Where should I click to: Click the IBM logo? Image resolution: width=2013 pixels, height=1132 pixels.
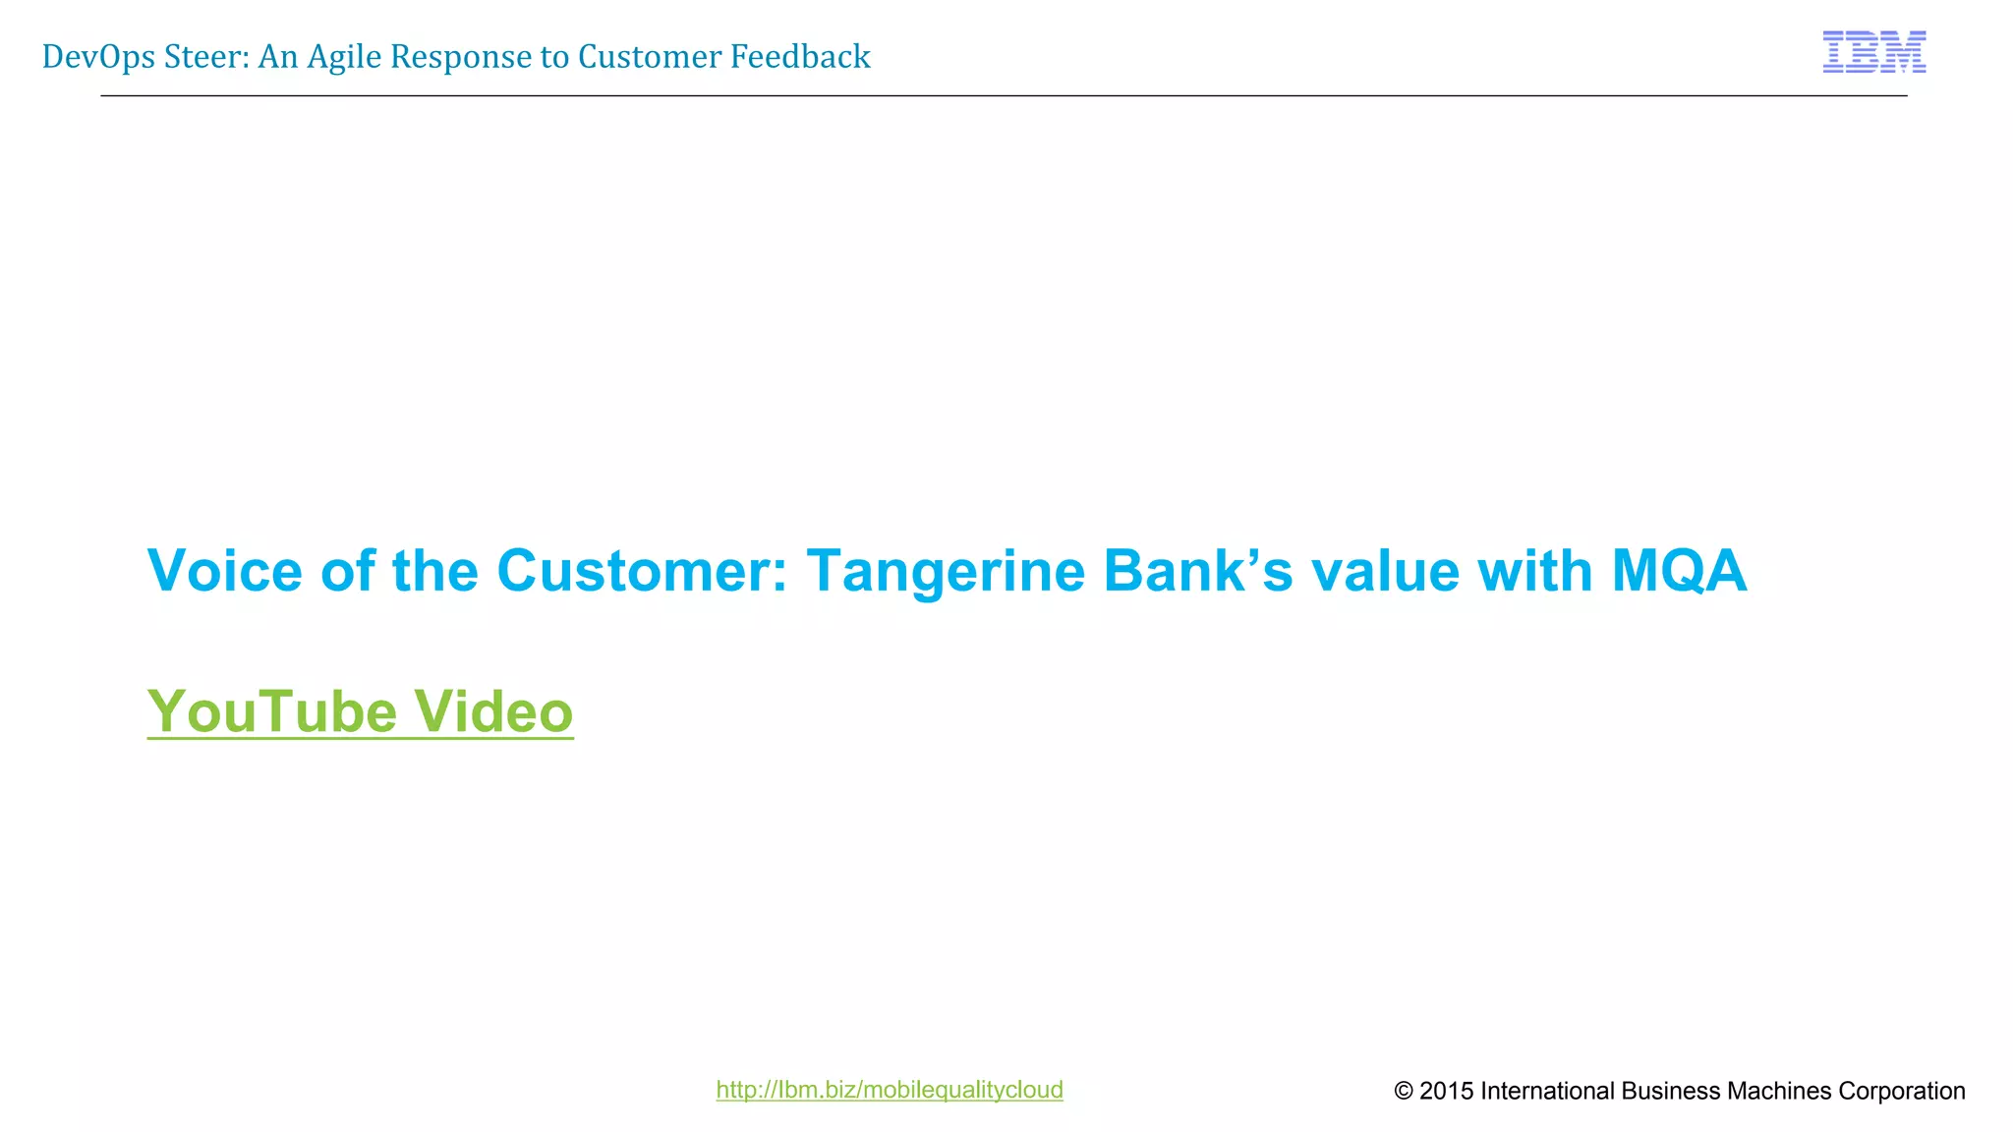tap(1873, 52)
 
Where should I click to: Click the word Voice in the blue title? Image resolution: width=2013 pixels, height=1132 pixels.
tap(224, 571)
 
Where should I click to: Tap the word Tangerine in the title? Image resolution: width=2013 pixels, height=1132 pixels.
tap(946, 571)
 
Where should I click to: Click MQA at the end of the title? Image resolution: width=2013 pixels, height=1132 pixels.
tap(1679, 571)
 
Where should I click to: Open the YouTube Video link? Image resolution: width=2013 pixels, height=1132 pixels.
tap(360, 711)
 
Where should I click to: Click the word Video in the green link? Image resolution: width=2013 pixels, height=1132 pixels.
tap(492, 711)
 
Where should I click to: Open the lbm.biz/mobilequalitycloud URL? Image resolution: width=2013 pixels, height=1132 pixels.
tap(889, 1090)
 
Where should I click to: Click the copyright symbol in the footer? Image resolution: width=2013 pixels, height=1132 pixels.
tap(1404, 1091)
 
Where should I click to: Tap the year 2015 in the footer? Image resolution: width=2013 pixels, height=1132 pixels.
tap(1447, 1091)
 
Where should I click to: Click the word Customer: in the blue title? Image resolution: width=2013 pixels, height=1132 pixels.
tap(642, 571)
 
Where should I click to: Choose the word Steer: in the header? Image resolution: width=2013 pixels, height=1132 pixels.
tap(206, 57)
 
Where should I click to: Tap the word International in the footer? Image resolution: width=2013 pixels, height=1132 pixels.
tap(1547, 1091)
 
